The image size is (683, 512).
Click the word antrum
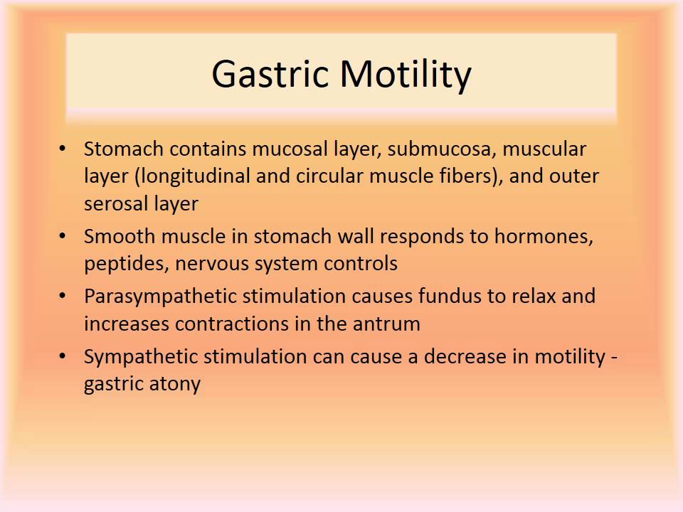point(388,324)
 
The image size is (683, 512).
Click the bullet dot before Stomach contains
point(63,149)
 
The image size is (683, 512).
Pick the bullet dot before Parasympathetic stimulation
point(63,297)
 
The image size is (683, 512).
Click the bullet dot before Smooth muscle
point(63,237)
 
